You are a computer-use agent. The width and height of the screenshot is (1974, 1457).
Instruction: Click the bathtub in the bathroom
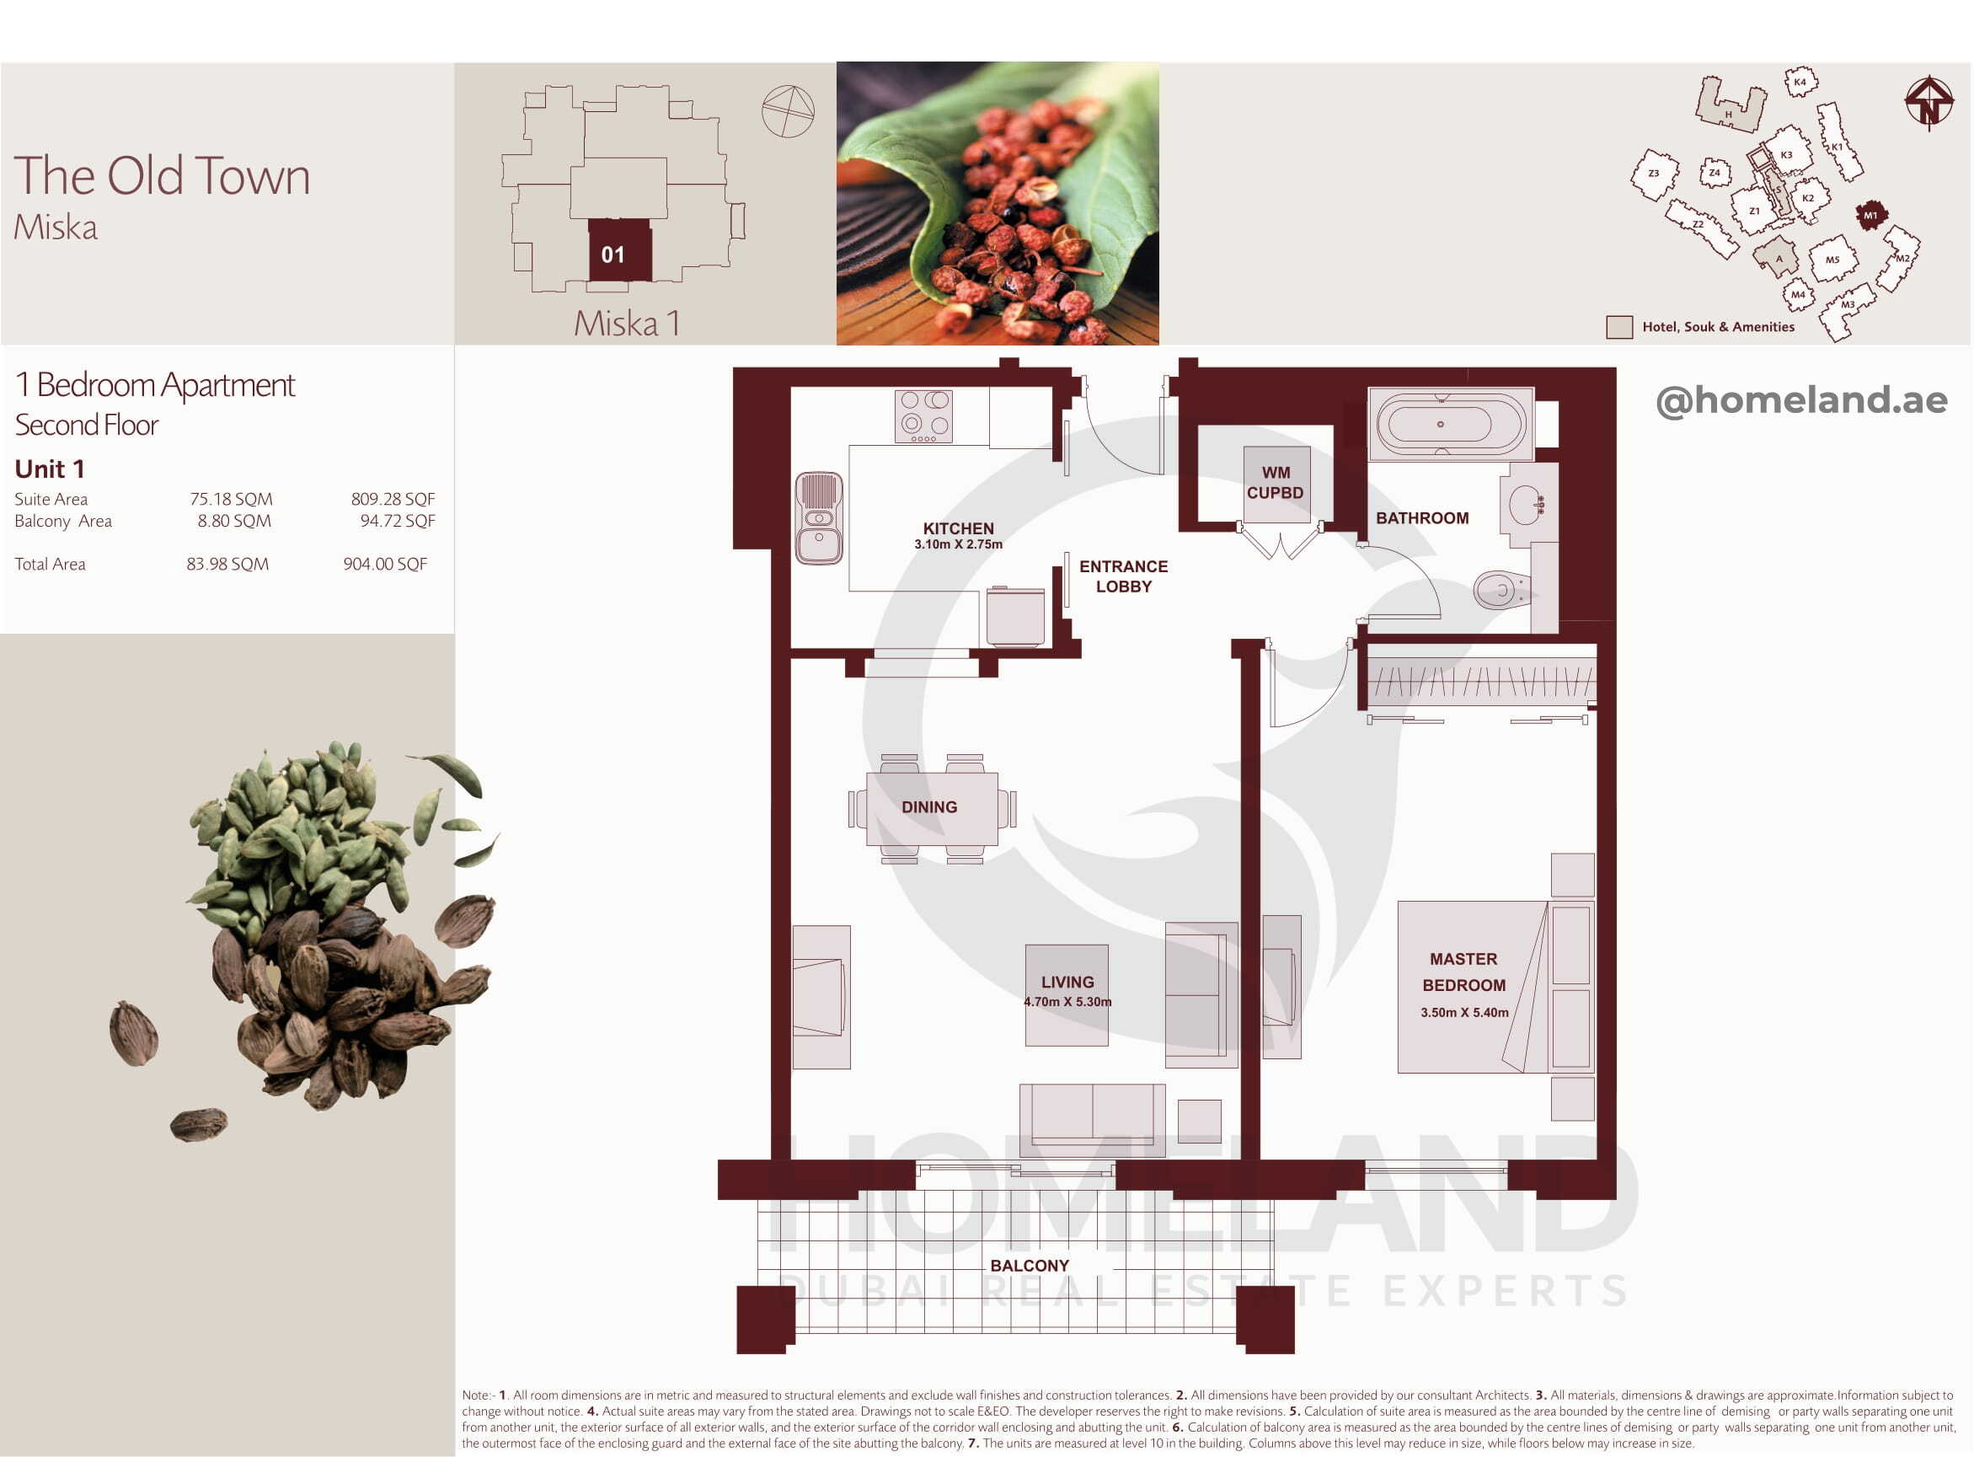pyautogui.click(x=1450, y=424)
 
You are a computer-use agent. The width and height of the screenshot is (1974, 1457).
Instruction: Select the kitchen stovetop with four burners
pyautogui.click(x=923, y=416)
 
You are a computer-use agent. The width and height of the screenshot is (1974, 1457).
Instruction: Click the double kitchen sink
pyautogui.click(x=819, y=517)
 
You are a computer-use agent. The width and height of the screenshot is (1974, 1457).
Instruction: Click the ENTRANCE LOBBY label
pyautogui.click(x=1123, y=576)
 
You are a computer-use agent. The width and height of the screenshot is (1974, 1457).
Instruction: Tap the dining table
pyautogui.click(x=932, y=809)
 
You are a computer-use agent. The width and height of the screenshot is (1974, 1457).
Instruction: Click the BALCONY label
pyautogui.click(x=1029, y=1266)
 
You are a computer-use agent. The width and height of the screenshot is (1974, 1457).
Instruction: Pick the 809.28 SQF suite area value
pyautogui.click(x=393, y=499)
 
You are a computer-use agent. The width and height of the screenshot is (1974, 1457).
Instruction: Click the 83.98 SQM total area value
pyautogui.click(x=227, y=565)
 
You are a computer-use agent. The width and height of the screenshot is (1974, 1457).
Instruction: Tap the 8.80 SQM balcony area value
pyautogui.click(x=234, y=522)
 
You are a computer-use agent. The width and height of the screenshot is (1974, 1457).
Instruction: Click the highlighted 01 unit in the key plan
pyautogui.click(x=620, y=250)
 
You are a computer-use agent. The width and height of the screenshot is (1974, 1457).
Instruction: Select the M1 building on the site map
pyautogui.click(x=1870, y=215)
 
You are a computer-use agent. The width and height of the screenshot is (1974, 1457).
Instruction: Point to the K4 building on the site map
pyautogui.click(x=1800, y=82)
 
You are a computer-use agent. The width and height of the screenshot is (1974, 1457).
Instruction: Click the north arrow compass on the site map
pyautogui.click(x=1929, y=102)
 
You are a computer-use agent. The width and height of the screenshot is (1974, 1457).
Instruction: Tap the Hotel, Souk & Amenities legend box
pyautogui.click(x=1618, y=327)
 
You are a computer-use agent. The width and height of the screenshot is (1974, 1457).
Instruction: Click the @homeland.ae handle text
pyautogui.click(x=1801, y=400)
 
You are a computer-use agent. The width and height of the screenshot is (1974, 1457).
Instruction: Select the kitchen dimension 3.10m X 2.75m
pyautogui.click(x=958, y=545)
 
